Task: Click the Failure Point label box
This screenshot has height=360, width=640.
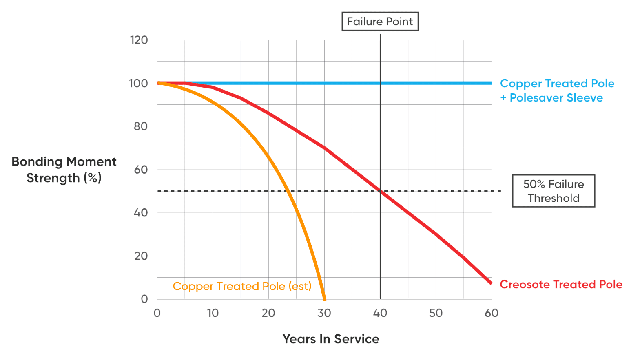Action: click(380, 22)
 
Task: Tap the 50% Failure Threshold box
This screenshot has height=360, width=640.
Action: click(554, 191)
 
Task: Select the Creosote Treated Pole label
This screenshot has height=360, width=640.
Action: click(561, 284)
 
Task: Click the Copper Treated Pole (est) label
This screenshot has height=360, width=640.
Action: click(242, 286)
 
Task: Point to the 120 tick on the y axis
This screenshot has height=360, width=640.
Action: click(139, 40)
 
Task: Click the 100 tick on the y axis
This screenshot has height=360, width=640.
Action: click(138, 83)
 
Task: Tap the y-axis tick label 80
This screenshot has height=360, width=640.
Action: click(140, 126)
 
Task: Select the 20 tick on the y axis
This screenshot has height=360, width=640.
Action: click(140, 256)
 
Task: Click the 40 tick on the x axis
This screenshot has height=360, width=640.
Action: click(380, 313)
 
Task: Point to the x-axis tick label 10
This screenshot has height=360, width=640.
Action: click(213, 313)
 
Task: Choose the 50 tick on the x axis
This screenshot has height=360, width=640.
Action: click(436, 313)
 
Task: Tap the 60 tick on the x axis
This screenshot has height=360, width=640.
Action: click(492, 313)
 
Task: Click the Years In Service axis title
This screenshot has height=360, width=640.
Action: click(331, 339)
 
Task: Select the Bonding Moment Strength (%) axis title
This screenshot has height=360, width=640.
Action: click(64, 170)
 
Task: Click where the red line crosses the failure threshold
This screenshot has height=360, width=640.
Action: click(380, 191)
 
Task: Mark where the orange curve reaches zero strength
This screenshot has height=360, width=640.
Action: click(325, 299)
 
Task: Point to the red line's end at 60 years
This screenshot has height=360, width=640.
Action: click(491, 283)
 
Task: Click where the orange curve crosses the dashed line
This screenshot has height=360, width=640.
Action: click(288, 191)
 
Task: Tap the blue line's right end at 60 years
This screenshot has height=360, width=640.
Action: click(491, 83)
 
